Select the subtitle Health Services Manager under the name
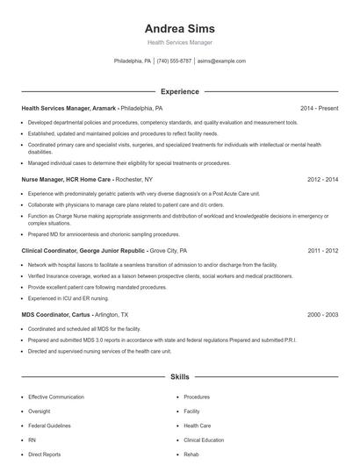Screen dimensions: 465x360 179,42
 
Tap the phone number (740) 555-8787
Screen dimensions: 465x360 174,61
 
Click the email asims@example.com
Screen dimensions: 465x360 221,61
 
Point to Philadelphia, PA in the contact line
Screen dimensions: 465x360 133,61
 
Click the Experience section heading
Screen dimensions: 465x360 179,91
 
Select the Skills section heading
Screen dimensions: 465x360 179,376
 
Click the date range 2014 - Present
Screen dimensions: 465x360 319,108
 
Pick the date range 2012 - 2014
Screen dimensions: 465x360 322,179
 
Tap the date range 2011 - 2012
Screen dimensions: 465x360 322,250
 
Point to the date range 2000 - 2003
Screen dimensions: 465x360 322,313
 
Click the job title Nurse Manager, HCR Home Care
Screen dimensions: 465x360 62,179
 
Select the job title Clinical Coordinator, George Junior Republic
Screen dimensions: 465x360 83,250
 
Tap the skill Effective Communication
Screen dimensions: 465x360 56,397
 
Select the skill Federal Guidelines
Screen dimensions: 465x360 49,426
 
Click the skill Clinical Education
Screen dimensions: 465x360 204,440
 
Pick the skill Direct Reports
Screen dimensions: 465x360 44,455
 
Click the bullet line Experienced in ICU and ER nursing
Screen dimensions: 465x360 65,299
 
